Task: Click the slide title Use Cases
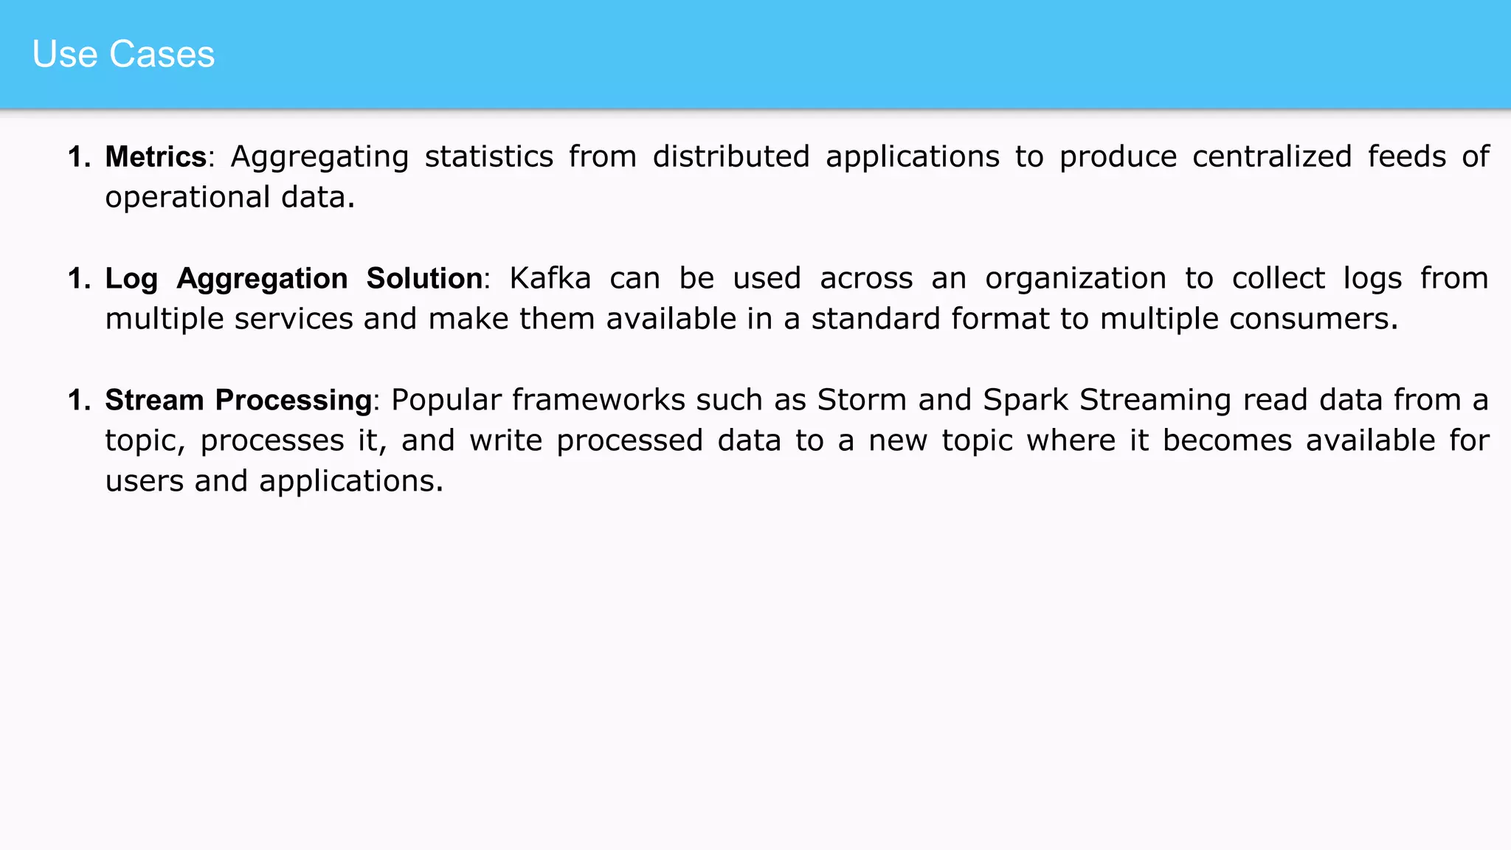(123, 54)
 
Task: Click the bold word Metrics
(156, 156)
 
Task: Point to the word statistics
(488, 156)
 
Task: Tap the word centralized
(1272, 156)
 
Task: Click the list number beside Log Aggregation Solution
(79, 279)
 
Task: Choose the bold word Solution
(424, 278)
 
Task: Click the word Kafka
(550, 278)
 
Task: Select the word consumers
(1313, 319)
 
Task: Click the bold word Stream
(154, 400)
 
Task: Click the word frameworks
(598, 400)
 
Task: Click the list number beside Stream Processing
(79, 401)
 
